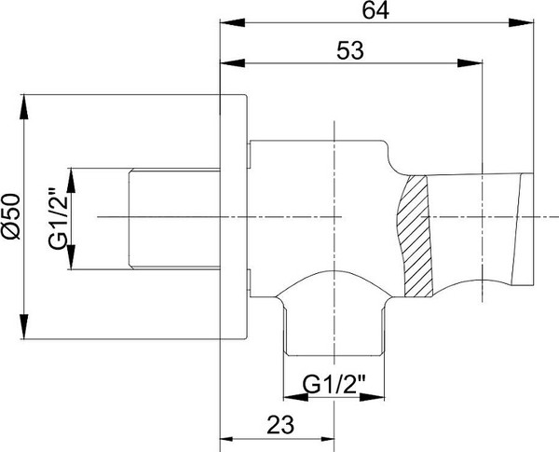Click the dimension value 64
coord(377,10)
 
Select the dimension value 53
coord(350,52)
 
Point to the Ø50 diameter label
coord(10,216)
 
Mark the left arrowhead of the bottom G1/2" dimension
coord(289,393)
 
